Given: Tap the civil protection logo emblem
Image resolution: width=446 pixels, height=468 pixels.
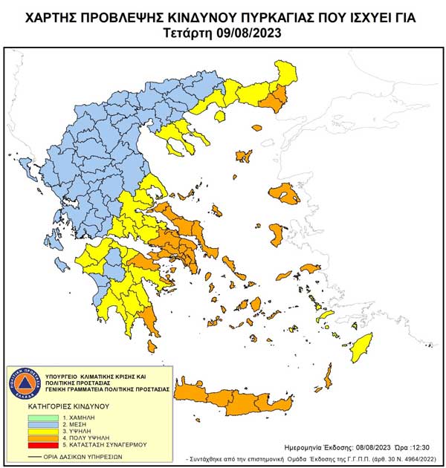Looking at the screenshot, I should pyautogui.click(x=26, y=383).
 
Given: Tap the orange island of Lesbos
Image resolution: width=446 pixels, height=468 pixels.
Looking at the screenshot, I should pyautogui.click(x=288, y=195).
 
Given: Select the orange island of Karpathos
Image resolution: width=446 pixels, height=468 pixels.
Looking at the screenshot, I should pyautogui.click(x=326, y=375).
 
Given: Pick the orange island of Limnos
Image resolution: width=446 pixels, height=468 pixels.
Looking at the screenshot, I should pyautogui.click(x=243, y=157).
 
